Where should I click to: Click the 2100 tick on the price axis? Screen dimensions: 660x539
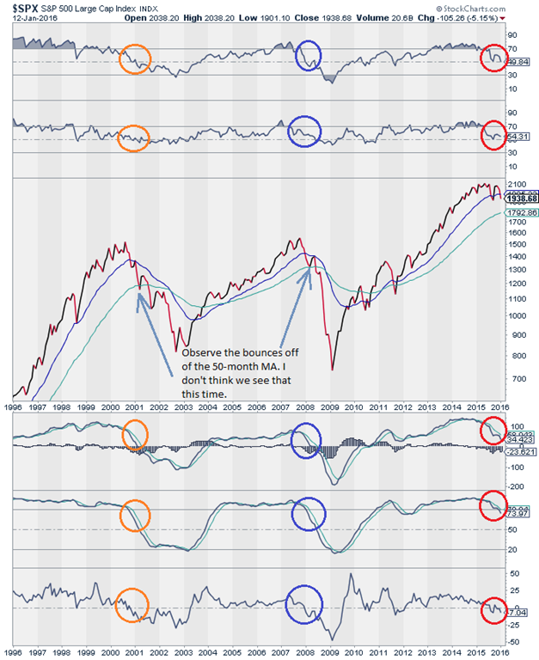pyautogui.click(x=518, y=185)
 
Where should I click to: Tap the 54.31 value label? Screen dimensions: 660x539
pyautogui.click(x=520, y=136)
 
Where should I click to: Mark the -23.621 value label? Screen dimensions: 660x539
pyautogui.click(x=520, y=452)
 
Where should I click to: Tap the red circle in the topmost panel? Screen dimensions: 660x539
pyautogui.click(x=494, y=58)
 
